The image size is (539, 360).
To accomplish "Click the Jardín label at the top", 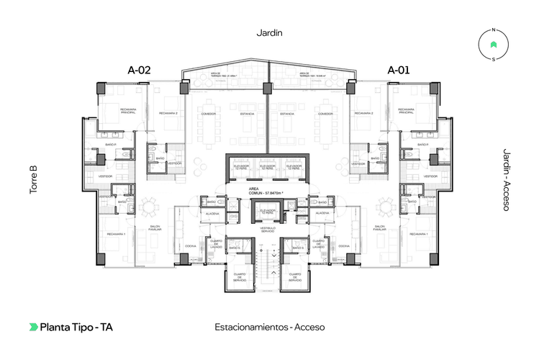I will [269, 33].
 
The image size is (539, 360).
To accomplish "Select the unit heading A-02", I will [139, 70].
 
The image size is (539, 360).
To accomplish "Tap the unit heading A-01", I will [399, 70].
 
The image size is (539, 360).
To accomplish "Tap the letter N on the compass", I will [493, 30].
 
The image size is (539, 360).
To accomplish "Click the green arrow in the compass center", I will [493, 45].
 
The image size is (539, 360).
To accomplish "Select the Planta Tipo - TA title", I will [76, 327].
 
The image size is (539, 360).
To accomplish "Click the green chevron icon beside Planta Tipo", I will [33, 327].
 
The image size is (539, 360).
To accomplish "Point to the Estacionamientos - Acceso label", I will [270, 327].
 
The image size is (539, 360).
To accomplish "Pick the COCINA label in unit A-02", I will [191, 246].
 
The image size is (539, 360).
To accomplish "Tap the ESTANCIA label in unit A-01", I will [287, 114].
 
